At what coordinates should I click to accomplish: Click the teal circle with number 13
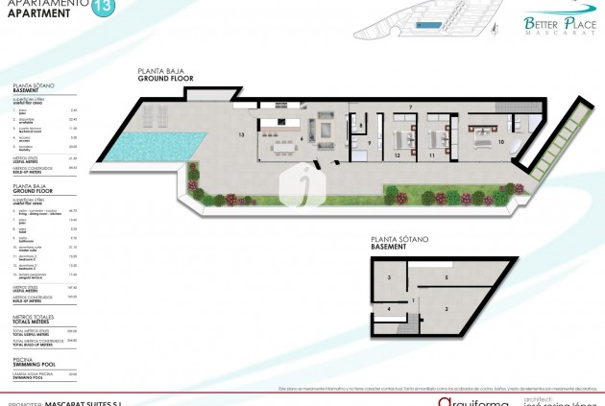pyautogui.click(x=101, y=11)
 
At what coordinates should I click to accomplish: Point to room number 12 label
pyautogui.click(x=397, y=154)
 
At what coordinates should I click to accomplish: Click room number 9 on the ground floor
pyautogui.click(x=369, y=142)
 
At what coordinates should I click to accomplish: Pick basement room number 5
pyautogui.click(x=446, y=277)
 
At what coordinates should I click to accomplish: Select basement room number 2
pyautogui.click(x=446, y=308)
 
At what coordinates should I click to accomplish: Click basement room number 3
pyautogui.click(x=389, y=277)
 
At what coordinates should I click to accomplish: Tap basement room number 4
pyautogui.click(x=388, y=310)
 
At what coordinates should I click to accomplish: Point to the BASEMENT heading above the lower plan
pyautogui.click(x=388, y=247)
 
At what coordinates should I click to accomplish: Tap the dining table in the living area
pyautogui.click(x=279, y=147)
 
